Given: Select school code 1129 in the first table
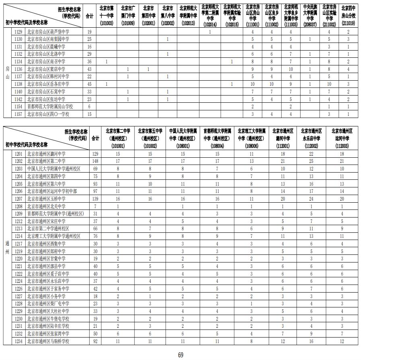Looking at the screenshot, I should tap(18, 31).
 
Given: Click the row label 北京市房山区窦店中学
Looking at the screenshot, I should tap(46, 69).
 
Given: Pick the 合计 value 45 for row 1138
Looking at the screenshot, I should tap(89, 84).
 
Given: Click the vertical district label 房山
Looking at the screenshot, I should tap(7, 73).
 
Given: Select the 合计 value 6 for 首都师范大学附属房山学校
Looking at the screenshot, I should tap(89, 107).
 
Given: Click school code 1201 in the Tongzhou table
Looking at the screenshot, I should tap(18, 154).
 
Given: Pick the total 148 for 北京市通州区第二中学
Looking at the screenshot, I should tap(95, 161).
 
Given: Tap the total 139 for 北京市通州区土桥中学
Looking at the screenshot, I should tap(95, 199).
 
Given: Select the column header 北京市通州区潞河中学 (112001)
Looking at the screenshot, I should tap(283, 138).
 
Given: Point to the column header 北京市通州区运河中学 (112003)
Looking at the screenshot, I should tap(342, 138).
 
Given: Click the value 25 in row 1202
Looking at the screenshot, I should tap(311, 161).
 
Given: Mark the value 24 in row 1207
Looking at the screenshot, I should tap(311, 199).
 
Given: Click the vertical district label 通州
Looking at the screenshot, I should tap(7, 247).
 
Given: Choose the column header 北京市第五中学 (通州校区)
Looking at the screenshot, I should tap(150, 138).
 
